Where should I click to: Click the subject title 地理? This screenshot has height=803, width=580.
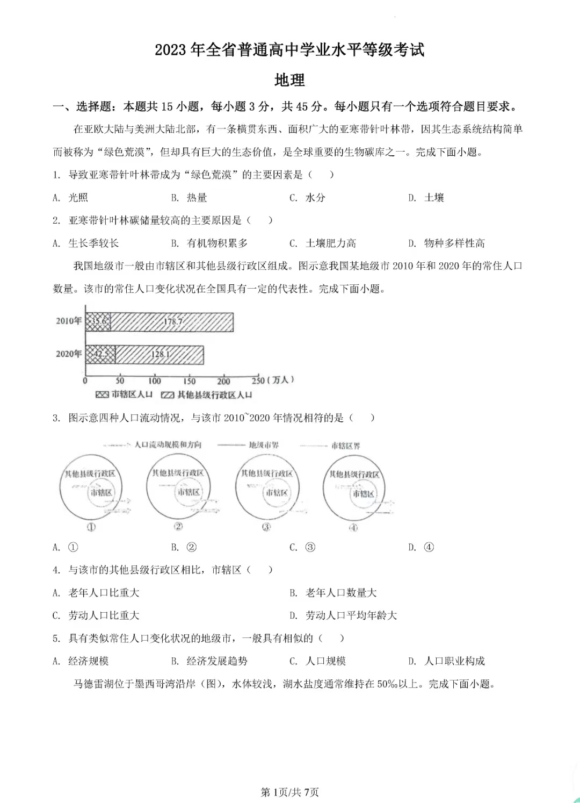coord(289,80)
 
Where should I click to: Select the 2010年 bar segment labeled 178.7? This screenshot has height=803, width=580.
coord(172,321)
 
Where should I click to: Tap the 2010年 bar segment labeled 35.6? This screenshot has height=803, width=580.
coord(98,321)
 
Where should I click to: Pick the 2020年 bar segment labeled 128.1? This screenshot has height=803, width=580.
coord(160,354)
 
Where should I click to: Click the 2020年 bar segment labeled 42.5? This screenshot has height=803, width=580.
coord(100,354)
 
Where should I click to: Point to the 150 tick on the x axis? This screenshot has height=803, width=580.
coord(189,381)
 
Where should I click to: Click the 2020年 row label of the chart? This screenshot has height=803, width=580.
coord(69,354)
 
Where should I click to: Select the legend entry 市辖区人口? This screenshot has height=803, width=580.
coord(125,395)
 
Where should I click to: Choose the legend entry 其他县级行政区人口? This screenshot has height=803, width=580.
coord(207,395)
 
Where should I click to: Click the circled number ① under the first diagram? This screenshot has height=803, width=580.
coord(91,527)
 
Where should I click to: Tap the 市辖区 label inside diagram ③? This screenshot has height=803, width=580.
coord(277,492)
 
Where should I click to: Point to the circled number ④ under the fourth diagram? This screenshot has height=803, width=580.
coord(353,528)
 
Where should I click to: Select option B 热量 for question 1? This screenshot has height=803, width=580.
coord(190,198)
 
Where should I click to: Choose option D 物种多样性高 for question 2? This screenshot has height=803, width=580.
coord(447,243)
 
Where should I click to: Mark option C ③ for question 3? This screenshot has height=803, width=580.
coord(302,547)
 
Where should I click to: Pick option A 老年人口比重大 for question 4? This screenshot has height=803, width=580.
coord(96,593)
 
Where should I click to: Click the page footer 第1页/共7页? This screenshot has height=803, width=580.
coord(289,792)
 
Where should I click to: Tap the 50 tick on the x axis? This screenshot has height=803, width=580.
coord(120,381)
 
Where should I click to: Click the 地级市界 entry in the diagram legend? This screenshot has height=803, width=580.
coord(263,445)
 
